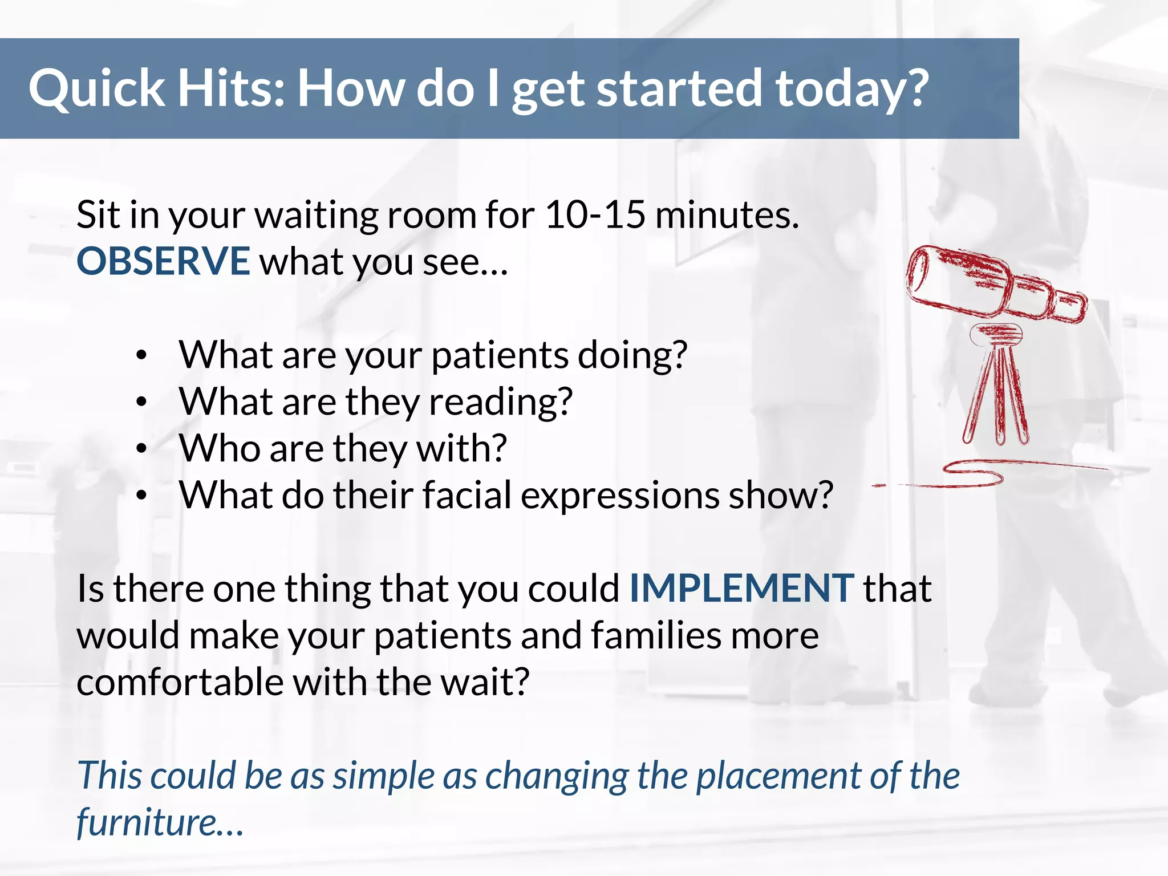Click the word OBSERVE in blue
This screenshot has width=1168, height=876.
pyautogui.click(x=163, y=261)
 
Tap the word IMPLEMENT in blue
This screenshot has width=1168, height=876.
pyautogui.click(x=741, y=588)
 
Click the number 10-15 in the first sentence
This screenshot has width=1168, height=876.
pyautogui.click(x=595, y=215)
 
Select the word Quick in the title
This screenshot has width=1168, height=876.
pyautogui.click(x=96, y=88)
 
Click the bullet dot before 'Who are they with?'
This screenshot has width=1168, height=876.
pyautogui.click(x=142, y=449)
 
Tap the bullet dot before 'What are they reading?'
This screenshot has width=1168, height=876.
pyautogui.click(x=142, y=402)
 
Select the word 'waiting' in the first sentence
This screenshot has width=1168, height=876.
pyautogui.click(x=316, y=215)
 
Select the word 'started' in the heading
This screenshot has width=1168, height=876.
pyautogui.click(x=679, y=88)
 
